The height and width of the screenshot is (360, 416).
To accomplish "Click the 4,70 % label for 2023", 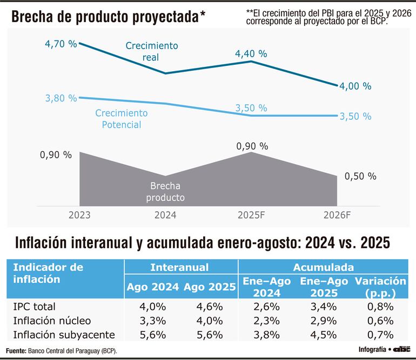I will coord(61,44).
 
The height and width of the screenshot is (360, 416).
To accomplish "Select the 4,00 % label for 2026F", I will coord(355,86).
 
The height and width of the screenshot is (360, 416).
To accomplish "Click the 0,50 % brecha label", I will coord(360,176).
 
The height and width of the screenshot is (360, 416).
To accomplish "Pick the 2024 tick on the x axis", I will coord(165,215).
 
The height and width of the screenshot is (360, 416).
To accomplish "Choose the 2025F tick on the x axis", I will coord(251,215).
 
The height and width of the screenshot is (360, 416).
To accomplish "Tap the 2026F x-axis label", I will coord(337,215).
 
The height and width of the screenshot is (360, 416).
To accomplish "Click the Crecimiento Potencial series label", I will coord(121,119).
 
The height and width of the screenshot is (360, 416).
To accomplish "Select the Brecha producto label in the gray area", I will coord(165,192).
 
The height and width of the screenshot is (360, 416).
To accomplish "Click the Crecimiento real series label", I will coord(151,51).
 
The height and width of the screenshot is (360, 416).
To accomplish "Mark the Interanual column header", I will coord(179,267).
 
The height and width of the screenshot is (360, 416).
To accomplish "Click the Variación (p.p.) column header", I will coord(380,287).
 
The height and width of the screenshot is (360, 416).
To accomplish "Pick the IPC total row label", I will coord(35,306).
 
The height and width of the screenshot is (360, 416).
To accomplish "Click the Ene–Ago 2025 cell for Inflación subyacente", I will coord(324,334).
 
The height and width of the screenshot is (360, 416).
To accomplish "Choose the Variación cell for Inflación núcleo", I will coord(380,320).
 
